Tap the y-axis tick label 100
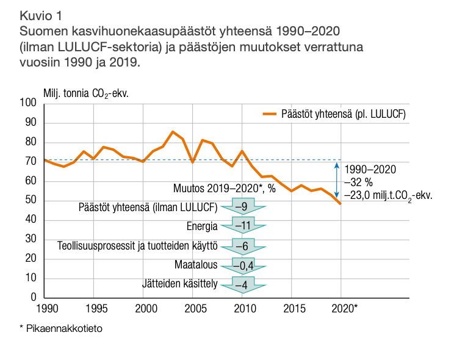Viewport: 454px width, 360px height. tap(29, 104)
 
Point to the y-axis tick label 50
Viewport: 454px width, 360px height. tap(31, 201)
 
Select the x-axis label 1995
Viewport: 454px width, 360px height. tap(94, 308)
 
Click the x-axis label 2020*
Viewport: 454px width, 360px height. tap(345, 308)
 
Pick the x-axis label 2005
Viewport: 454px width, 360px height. tap(193, 308)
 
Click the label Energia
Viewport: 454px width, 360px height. tap(201, 227)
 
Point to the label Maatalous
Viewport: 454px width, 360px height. tap(195, 265)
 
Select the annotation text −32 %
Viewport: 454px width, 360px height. tap(359, 182)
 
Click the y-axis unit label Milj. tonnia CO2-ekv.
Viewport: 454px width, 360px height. tap(87, 93)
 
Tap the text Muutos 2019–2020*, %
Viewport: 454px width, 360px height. tap(225, 189)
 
